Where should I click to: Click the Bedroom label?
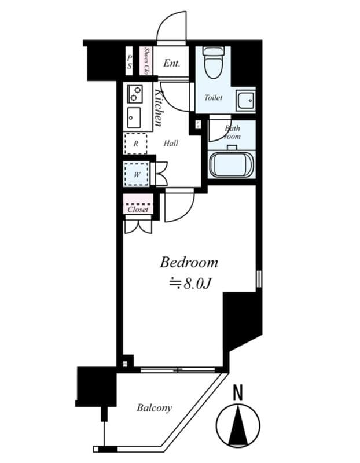click(x=189, y=262)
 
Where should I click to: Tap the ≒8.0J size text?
click(x=189, y=284)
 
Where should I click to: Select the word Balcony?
click(x=154, y=408)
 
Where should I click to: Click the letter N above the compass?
click(x=237, y=394)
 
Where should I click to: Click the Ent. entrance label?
click(x=171, y=63)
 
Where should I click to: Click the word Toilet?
click(x=213, y=98)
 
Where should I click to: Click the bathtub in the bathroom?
click(x=231, y=164)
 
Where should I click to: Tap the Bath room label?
click(x=232, y=133)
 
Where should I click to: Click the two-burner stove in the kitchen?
click(x=135, y=93)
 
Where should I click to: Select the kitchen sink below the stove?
click(x=134, y=117)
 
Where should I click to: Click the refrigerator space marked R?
click(x=136, y=143)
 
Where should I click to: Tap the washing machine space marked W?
click(x=137, y=174)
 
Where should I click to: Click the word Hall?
click(x=171, y=143)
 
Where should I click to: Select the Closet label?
click(x=138, y=210)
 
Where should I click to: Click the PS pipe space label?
click(x=130, y=62)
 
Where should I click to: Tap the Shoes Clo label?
click(x=147, y=61)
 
